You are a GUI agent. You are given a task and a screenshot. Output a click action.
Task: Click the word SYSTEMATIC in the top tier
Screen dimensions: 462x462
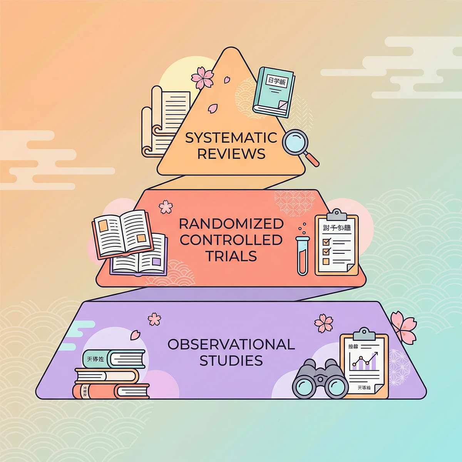[231, 138]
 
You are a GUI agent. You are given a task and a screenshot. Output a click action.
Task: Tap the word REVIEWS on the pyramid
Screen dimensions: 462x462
[231, 154]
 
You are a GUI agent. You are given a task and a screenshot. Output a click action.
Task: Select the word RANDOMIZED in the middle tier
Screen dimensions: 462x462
[231, 224]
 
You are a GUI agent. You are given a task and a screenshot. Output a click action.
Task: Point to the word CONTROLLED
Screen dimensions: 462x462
[231, 240]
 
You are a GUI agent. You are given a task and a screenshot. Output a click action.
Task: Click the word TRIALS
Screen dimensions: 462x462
[231, 256]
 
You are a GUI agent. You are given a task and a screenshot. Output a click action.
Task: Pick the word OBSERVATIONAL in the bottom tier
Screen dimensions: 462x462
[231, 344]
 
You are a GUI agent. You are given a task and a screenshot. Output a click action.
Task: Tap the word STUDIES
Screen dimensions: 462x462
[231, 361]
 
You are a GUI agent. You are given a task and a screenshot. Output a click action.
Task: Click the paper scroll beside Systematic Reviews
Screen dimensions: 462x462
[166, 119]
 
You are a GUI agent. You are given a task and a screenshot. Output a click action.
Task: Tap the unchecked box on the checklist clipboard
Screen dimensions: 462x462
[326, 261]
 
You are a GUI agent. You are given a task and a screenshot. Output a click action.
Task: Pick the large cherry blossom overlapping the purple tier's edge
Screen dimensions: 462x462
[402, 326]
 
